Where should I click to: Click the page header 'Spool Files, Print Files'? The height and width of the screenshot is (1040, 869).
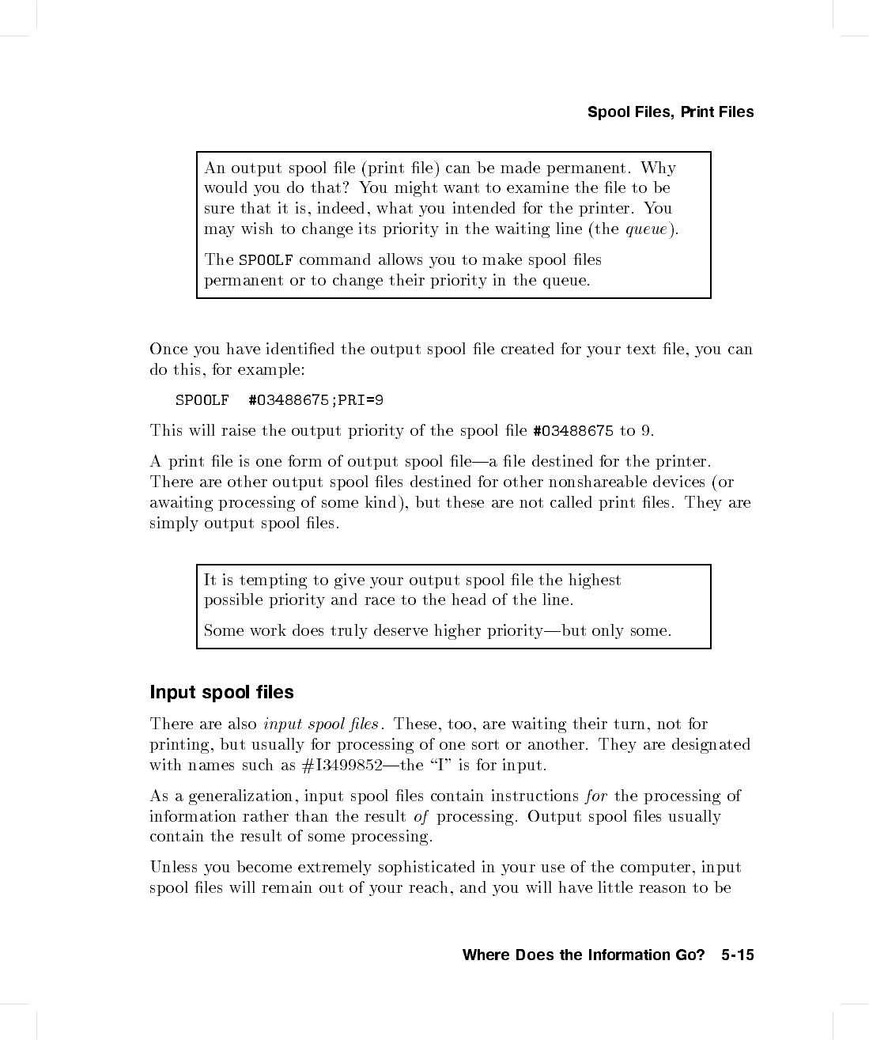(671, 112)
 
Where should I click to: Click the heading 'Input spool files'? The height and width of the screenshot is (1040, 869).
(221, 692)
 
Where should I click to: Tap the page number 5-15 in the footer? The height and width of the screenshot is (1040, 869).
(738, 955)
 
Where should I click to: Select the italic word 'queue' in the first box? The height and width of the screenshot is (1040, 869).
(648, 229)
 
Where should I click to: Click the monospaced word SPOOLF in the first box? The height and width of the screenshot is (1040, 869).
(266, 260)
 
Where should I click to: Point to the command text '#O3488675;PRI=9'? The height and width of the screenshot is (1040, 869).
(315, 400)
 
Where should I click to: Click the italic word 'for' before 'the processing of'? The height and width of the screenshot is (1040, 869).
(596, 796)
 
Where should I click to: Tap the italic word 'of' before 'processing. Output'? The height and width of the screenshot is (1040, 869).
(421, 816)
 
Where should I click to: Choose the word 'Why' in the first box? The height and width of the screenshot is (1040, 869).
(658, 168)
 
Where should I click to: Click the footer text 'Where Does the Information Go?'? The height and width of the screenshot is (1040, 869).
(584, 955)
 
